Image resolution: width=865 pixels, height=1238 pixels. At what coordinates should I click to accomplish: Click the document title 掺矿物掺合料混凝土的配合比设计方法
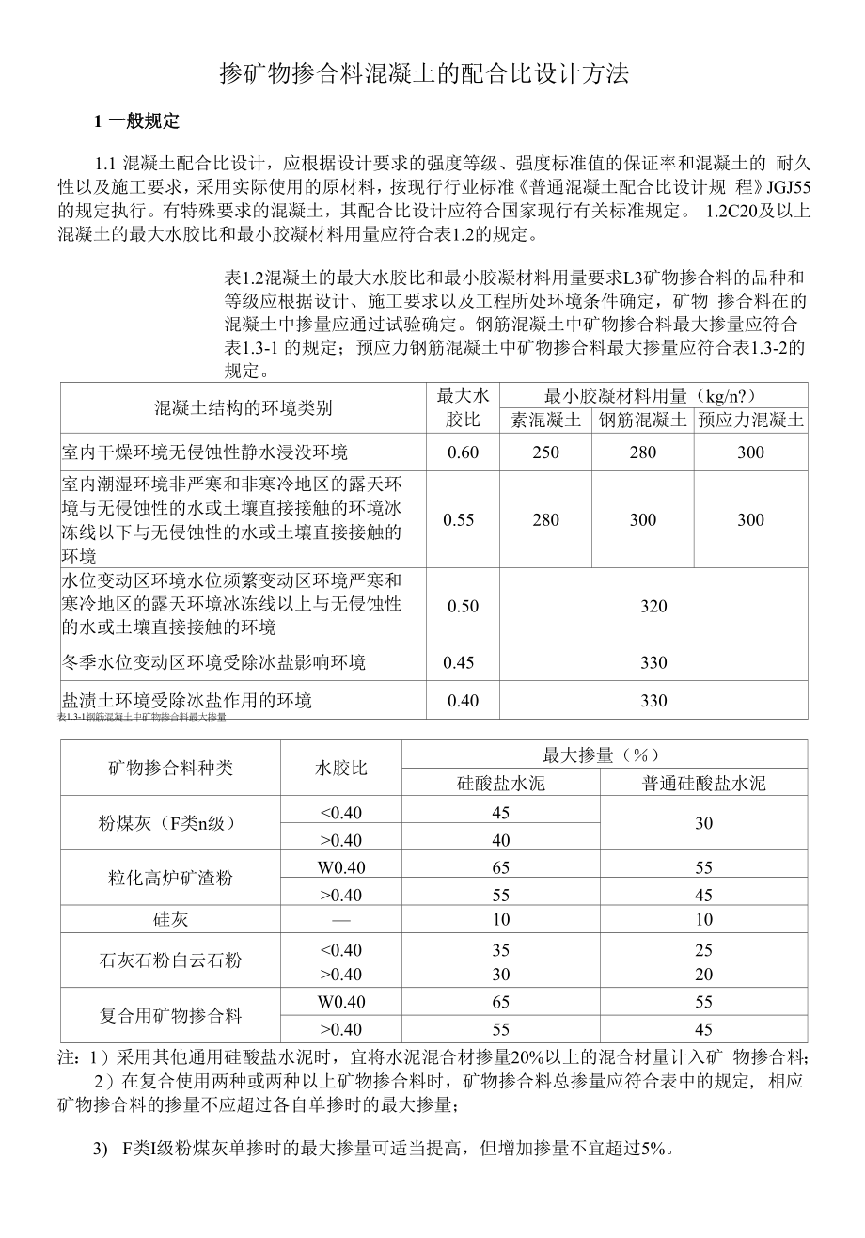[423, 75]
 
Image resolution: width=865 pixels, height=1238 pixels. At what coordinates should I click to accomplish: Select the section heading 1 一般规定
[136, 121]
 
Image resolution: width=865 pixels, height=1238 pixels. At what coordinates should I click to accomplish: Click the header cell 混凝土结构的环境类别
[243, 407]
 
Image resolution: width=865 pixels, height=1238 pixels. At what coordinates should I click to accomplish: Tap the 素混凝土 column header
[545, 420]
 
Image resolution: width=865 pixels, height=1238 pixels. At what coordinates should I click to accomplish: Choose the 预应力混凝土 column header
[750, 420]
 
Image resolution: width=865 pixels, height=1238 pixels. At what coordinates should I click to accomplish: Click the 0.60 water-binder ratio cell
[463, 452]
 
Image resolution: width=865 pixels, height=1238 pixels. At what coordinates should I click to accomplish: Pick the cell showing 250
[545, 452]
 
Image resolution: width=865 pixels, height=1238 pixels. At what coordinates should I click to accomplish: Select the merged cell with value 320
[653, 606]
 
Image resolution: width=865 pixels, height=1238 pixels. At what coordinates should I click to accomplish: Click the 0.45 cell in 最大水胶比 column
[459, 662]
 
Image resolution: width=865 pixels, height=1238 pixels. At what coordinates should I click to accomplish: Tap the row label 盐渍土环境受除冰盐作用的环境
[187, 700]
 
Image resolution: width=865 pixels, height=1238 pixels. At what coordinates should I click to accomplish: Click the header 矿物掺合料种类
[170, 768]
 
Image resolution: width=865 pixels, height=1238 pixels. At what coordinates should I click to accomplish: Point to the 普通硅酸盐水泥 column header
[704, 783]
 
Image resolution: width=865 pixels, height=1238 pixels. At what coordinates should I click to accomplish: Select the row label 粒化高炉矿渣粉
[170, 879]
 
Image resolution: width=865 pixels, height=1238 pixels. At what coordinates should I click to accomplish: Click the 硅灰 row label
[170, 919]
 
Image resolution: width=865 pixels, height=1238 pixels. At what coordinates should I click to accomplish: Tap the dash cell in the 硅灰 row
[340, 919]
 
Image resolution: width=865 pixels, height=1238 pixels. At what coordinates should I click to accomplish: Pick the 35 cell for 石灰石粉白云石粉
[501, 949]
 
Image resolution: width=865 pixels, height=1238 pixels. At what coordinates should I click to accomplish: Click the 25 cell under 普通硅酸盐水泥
[704, 949]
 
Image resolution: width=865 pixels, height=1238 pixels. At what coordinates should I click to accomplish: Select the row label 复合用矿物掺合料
[170, 1015]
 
